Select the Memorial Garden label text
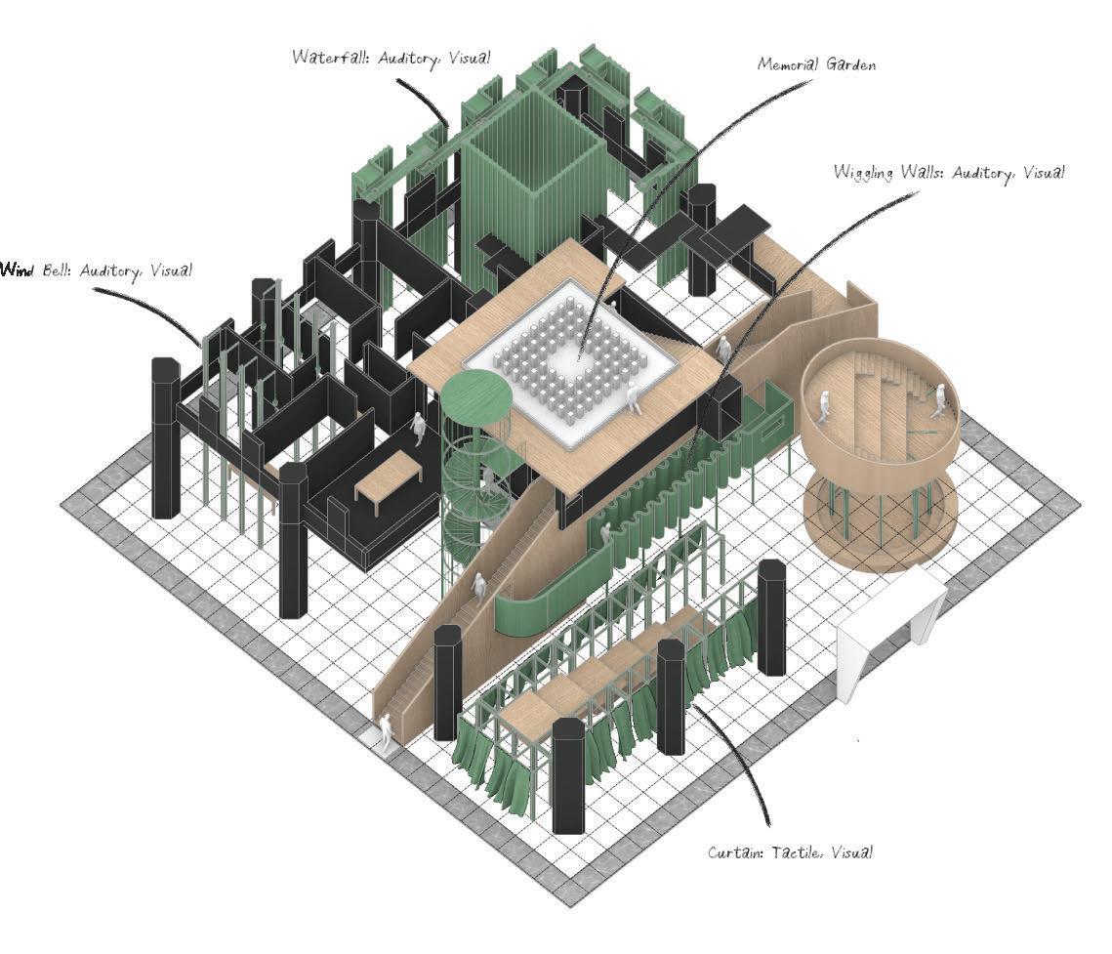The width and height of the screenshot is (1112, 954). pyautogui.click(x=817, y=64)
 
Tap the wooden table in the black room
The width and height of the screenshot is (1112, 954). pyautogui.click(x=389, y=476)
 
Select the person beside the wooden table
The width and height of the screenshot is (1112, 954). pyautogui.click(x=419, y=429)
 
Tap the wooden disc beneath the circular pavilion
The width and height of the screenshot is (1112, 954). pyautogui.click(x=876, y=522)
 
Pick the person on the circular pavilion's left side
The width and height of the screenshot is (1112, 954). pyautogui.click(x=822, y=405)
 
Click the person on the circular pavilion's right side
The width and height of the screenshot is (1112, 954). pyautogui.click(x=938, y=399)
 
